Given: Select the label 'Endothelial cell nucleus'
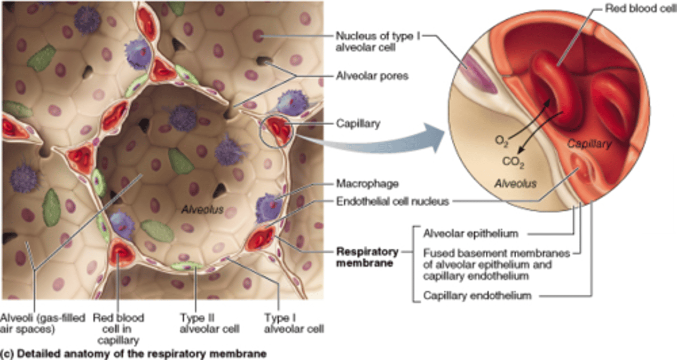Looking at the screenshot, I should click(393, 202).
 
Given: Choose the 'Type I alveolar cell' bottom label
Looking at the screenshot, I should click(294, 323).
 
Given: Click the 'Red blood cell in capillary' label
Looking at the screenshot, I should click(118, 329).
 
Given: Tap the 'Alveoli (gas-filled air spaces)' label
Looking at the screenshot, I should click(43, 323).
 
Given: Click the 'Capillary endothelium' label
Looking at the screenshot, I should click(477, 296).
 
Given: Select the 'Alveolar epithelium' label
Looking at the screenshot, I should click(471, 233).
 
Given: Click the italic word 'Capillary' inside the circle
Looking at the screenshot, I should click(589, 144).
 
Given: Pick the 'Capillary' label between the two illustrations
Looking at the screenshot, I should click(358, 124).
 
